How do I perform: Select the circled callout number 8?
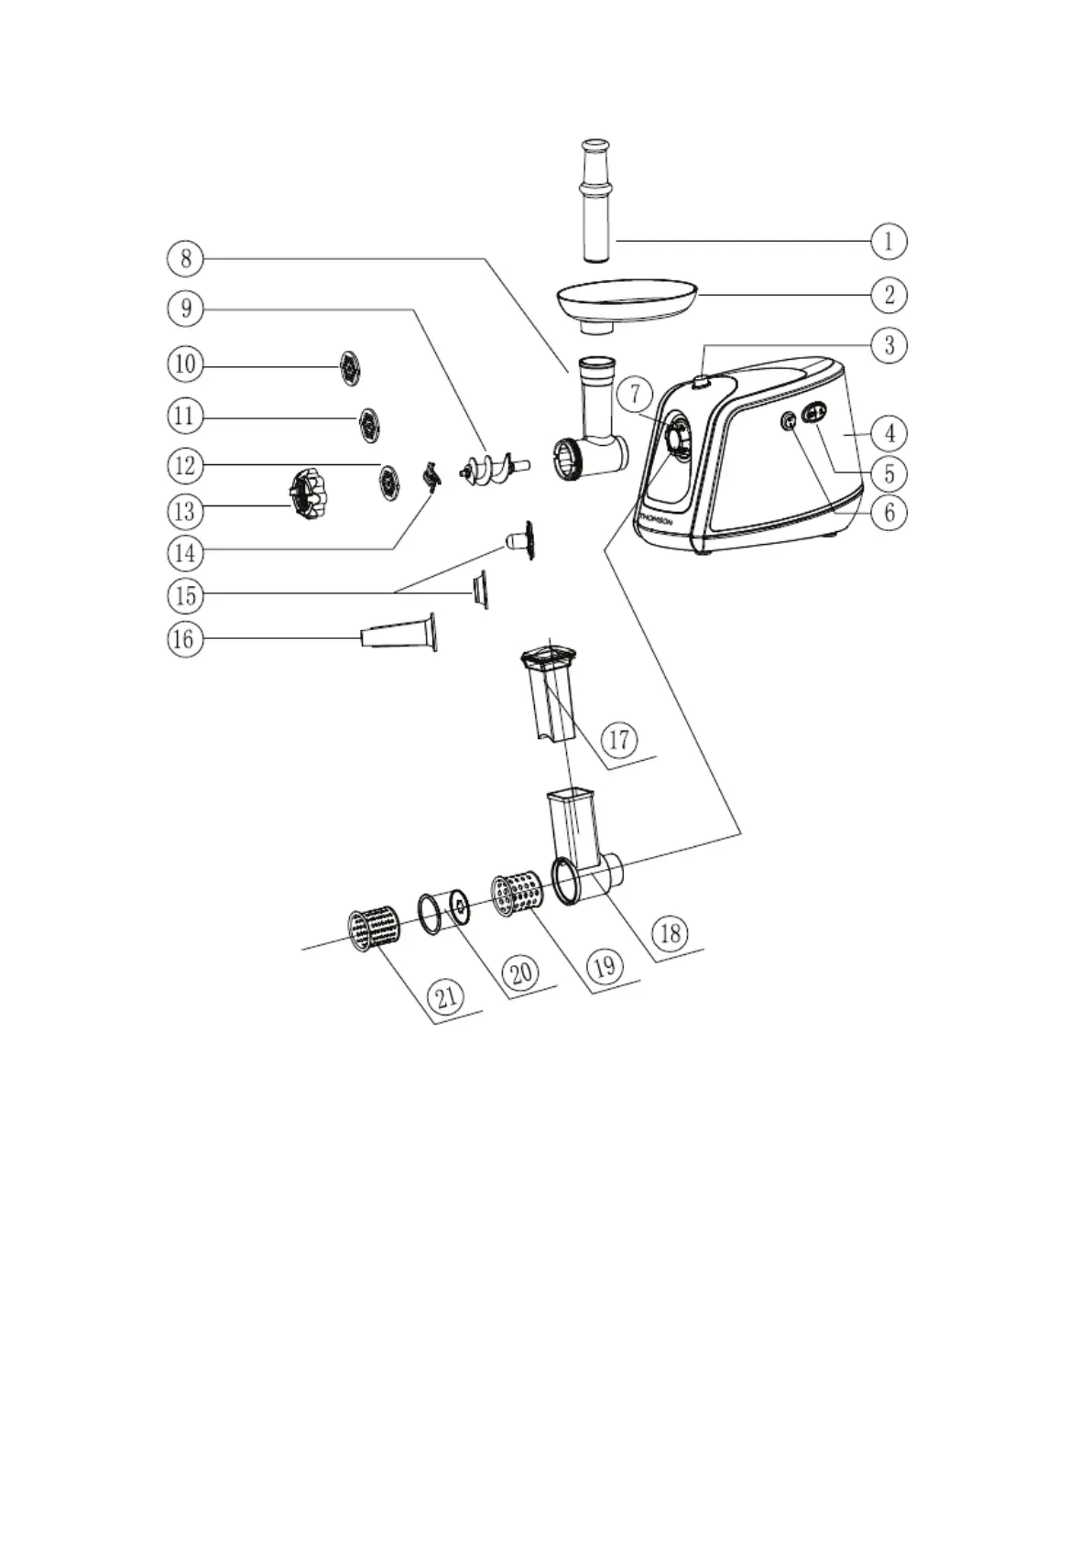(186, 258)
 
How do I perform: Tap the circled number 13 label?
(185, 510)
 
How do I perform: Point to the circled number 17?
(620, 738)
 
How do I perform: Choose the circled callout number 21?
(446, 996)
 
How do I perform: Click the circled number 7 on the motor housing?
(635, 395)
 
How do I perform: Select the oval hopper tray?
(626, 300)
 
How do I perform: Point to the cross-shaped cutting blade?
(429, 475)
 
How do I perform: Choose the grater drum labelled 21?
(374, 929)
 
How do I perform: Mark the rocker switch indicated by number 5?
(814, 413)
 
